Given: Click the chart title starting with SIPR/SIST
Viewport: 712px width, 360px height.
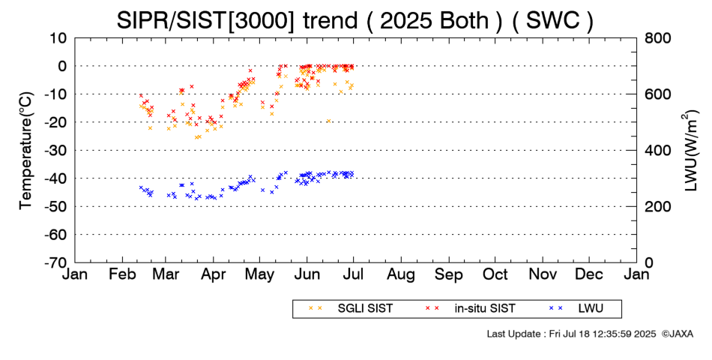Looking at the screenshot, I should click(x=355, y=20).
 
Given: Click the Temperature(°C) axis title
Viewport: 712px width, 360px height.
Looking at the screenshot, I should click(x=25, y=150).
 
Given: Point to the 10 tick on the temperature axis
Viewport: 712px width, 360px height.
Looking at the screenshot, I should click(x=59, y=37).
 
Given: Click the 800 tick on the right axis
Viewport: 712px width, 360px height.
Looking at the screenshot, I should click(x=657, y=37).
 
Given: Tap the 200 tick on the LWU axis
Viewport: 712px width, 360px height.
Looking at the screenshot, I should click(x=657, y=206).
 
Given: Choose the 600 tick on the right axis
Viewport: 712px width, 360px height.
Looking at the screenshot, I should click(x=657, y=94).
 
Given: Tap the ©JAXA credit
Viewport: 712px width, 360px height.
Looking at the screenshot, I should click(x=678, y=334).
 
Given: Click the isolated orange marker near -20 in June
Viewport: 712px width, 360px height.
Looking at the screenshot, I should click(x=328, y=121).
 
